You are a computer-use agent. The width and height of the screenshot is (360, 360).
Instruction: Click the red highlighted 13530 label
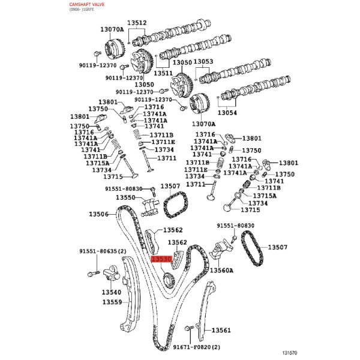click(x=161, y=259)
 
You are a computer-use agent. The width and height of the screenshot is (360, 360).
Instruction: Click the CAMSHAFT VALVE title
click(x=87, y=4)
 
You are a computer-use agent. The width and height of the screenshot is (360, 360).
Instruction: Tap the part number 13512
click(x=137, y=23)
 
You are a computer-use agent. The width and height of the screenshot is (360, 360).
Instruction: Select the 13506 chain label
click(x=98, y=214)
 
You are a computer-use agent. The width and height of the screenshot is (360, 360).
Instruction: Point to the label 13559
click(x=112, y=302)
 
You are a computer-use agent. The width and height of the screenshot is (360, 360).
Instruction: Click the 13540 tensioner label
click(x=112, y=292)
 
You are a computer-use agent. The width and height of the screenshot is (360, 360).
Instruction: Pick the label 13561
click(x=221, y=331)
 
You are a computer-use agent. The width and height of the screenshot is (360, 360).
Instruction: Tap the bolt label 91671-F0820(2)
click(x=197, y=347)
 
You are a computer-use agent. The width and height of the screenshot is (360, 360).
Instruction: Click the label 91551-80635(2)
click(x=103, y=251)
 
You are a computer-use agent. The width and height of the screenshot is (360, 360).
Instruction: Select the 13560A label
click(x=221, y=271)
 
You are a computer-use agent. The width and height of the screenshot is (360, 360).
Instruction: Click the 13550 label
click(x=125, y=197)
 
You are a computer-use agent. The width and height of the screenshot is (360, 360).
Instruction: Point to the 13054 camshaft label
click(x=227, y=113)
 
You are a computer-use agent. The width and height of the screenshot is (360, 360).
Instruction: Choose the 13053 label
click(x=203, y=62)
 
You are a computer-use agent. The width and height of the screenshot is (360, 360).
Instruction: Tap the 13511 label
click(x=163, y=73)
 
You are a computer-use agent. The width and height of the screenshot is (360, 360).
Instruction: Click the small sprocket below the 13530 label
click(x=169, y=280)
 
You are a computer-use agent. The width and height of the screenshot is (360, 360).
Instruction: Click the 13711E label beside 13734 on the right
click(x=196, y=170)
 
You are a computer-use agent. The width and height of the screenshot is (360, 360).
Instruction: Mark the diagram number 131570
click(x=290, y=353)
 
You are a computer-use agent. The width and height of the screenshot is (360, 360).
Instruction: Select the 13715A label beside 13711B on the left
click(x=98, y=163)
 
